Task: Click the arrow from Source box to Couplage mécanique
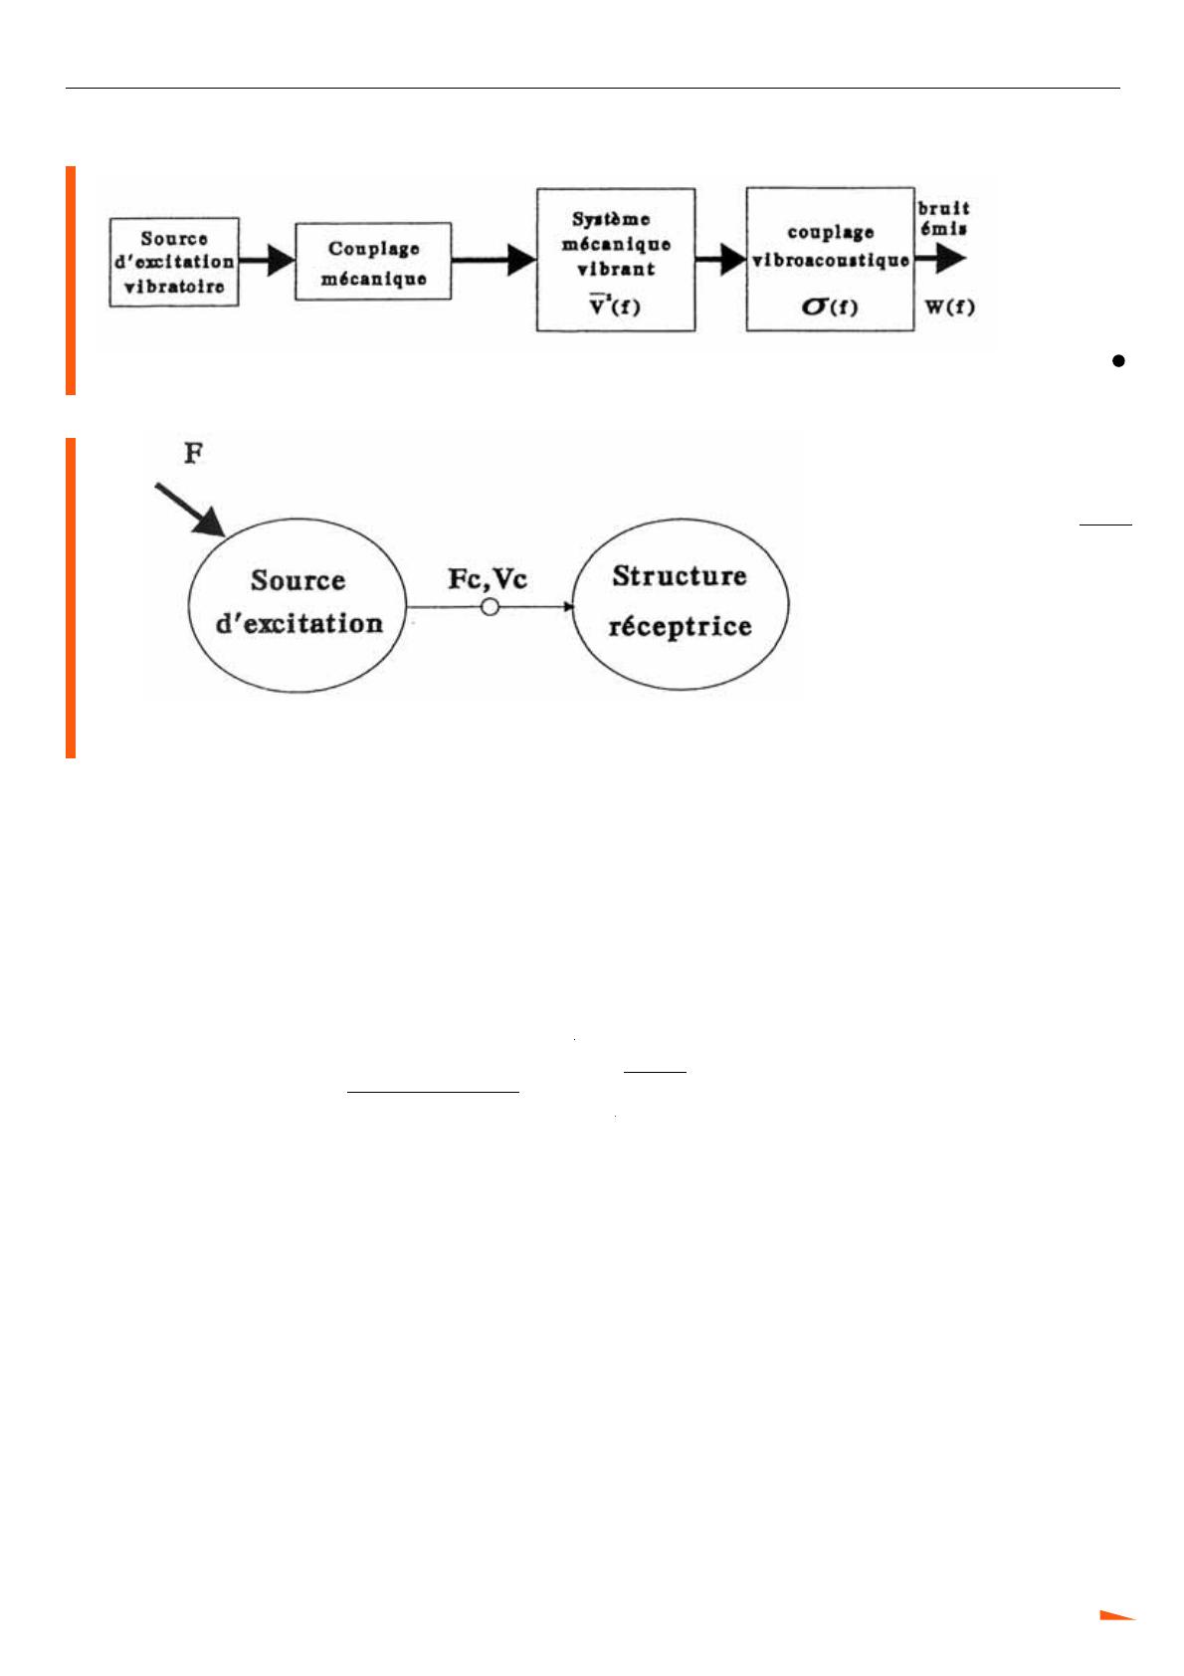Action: (267, 261)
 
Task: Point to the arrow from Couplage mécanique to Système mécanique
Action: (493, 261)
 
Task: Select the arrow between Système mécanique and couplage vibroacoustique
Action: (721, 260)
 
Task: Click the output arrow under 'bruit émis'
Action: (940, 259)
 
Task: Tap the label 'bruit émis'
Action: (944, 218)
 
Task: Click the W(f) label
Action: (950, 308)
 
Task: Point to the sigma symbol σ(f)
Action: (830, 307)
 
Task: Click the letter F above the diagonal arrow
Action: (194, 454)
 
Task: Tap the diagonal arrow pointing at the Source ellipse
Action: (190, 510)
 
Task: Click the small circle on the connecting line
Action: (490, 607)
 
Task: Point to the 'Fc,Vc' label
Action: (488, 580)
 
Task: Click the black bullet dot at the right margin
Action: (1119, 360)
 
